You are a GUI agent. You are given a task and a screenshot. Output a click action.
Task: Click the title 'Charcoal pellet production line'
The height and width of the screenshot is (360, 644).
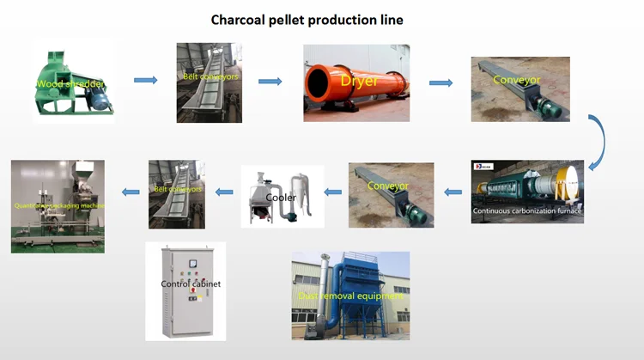[x=307, y=18]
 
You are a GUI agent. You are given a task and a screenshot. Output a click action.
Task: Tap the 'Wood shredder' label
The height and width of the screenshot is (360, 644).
[x=70, y=84]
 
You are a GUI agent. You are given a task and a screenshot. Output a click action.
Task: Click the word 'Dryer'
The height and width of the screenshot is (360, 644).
[x=356, y=80]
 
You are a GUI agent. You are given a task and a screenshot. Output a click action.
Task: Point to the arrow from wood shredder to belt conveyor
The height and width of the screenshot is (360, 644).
[x=146, y=81]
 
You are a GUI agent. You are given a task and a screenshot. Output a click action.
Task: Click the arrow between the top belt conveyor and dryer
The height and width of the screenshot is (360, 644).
[x=270, y=82]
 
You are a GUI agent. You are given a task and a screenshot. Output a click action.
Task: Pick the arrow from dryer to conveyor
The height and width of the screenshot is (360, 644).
[x=440, y=83]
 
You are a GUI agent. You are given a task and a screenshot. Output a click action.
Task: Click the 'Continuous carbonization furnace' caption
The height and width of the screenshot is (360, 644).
[x=527, y=211]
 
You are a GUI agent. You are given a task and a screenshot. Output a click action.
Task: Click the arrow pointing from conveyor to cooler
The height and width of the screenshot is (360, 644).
[x=333, y=192]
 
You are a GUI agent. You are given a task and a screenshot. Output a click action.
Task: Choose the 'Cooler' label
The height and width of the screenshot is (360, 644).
[x=281, y=198]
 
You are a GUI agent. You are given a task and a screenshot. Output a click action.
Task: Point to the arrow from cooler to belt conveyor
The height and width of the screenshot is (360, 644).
[x=222, y=192]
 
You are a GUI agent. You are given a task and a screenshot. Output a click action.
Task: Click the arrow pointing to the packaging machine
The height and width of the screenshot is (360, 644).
[x=130, y=192]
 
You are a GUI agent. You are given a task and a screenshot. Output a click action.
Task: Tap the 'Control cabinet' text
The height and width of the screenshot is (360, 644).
[x=191, y=284]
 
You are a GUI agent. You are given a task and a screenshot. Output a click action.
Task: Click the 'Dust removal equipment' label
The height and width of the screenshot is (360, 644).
[x=350, y=296]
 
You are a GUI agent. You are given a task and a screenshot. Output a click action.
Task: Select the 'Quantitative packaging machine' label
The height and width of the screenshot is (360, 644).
[x=58, y=206]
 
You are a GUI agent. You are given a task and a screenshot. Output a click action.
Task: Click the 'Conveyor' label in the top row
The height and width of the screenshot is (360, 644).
[x=517, y=81]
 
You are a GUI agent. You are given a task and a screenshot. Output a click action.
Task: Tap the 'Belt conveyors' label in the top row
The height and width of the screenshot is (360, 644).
[x=210, y=76]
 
